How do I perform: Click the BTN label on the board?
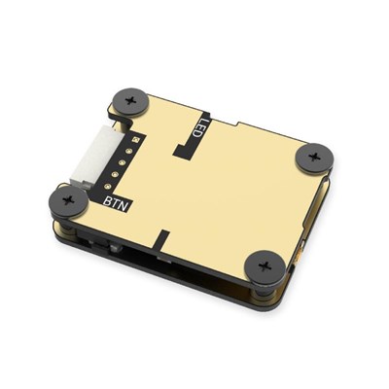point(117,203)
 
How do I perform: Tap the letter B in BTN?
point(108,200)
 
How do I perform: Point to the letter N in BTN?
point(125,206)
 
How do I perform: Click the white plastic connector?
point(94,157)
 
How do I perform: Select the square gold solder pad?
point(135,140)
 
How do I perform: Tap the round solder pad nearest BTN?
point(108,186)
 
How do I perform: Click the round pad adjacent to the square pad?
point(128,151)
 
